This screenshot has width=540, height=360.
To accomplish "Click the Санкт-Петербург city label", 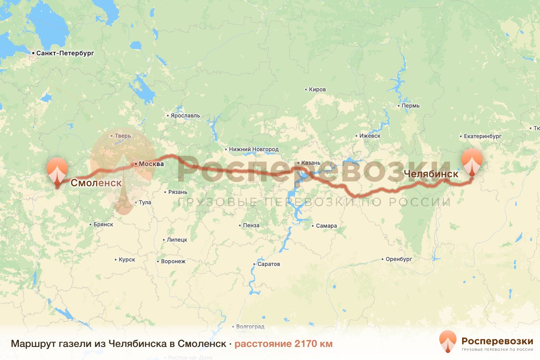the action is coord(65,53).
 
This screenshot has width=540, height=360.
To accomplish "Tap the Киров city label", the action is coord(317,90).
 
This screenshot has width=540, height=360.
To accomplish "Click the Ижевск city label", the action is coord(369,136).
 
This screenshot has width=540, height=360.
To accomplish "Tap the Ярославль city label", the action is coord(185,116).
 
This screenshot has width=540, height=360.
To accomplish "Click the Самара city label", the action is coord(326,226).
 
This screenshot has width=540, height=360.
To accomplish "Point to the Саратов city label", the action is coord(269,264).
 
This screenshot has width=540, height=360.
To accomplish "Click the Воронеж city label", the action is coord(173,261).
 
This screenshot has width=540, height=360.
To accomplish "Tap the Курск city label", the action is coord(127,260).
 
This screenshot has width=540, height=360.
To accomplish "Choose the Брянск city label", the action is coord(103,224).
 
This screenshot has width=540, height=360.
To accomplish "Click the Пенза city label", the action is coord(251,225).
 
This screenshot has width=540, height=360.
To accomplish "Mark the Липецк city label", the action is coord(177,240).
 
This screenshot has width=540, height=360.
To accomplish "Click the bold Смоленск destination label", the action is coord(96,183).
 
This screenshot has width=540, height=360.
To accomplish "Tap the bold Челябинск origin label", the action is coord(431,173).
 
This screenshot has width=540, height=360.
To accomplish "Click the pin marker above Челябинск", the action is coord(472,161).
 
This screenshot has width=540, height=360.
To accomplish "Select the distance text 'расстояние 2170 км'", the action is coord(283,344).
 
